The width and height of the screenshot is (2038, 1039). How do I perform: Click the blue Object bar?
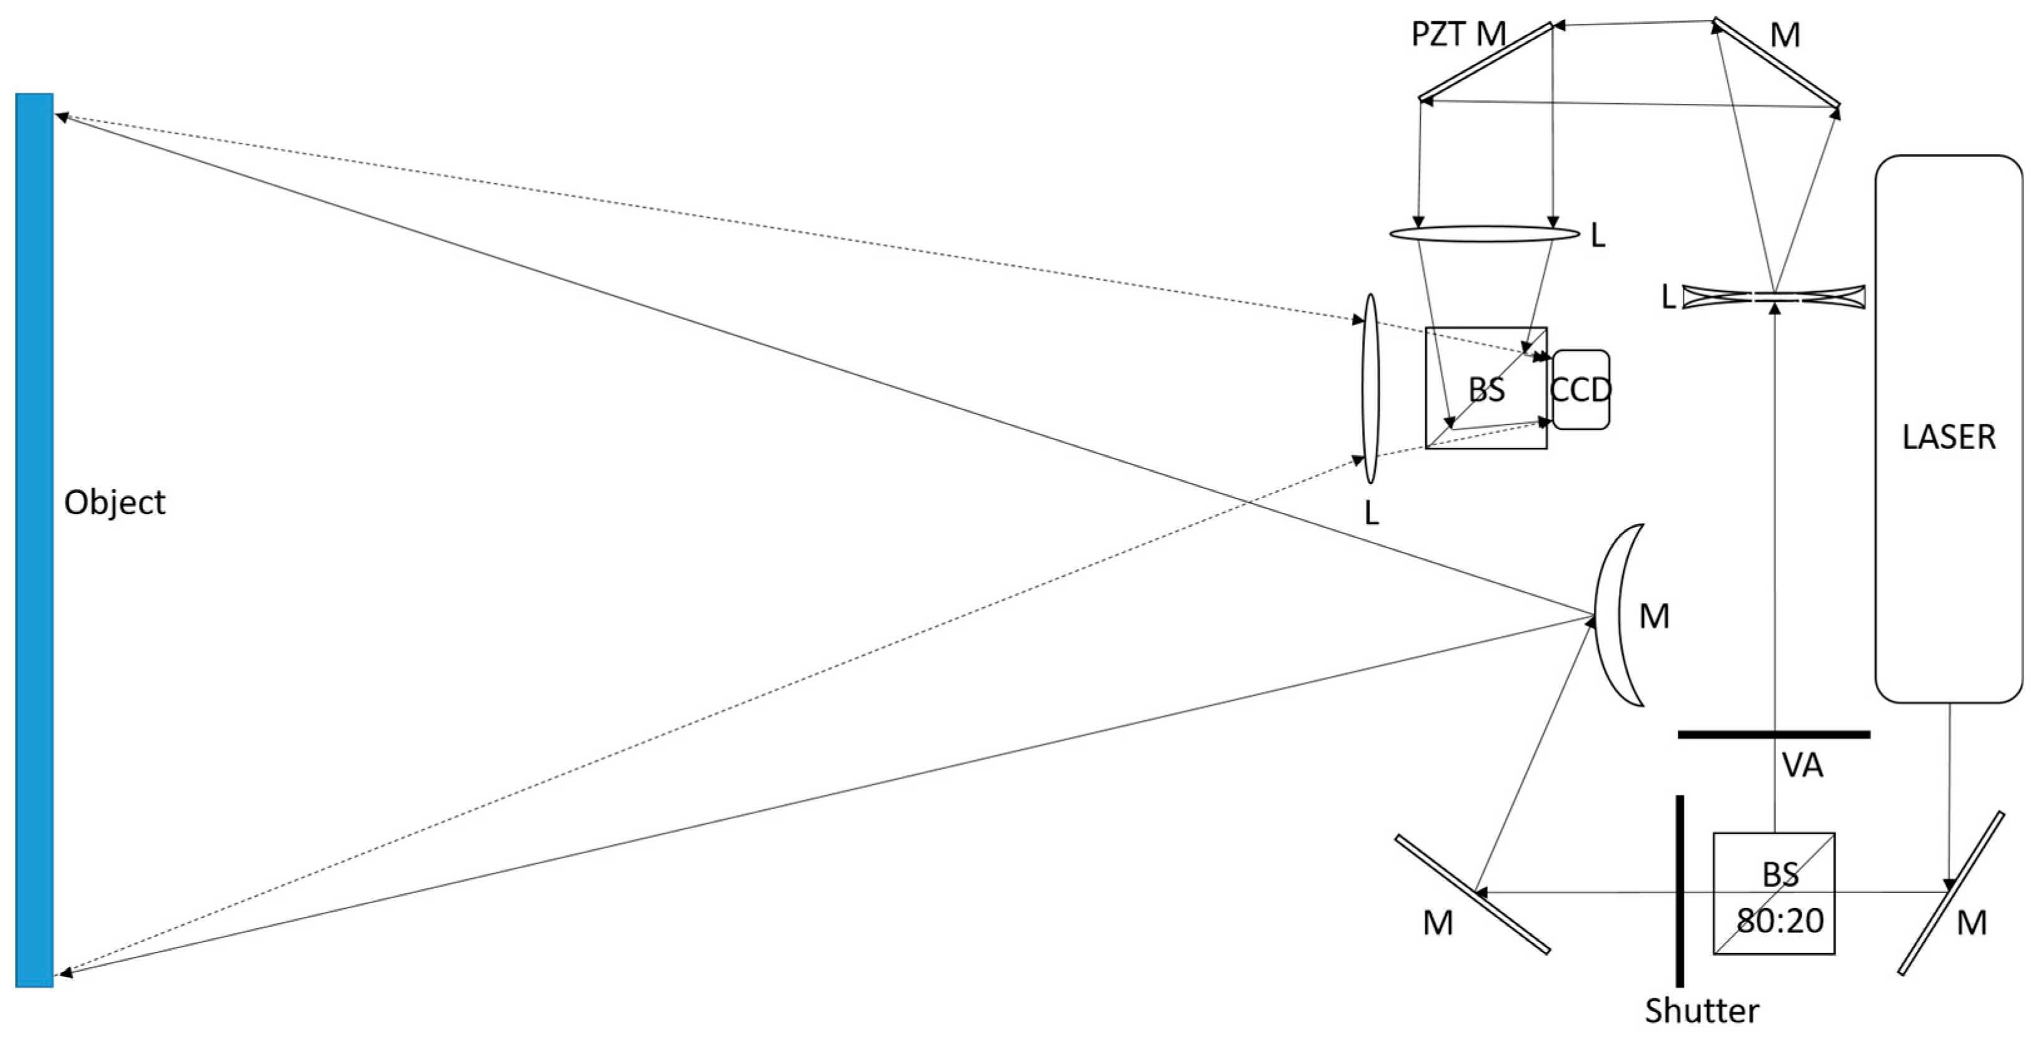pyautogui.click(x=34, y=540)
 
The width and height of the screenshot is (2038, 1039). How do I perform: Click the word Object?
pyautogui.click(x=115, y=503)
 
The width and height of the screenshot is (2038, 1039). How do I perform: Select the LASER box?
pyautogui.click(x=1948, y=428)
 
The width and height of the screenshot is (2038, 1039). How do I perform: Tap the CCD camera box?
pyautogui.click(x=1580, y=390)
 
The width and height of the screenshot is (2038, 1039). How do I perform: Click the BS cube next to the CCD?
pyautogui.click(x=1486, y=388)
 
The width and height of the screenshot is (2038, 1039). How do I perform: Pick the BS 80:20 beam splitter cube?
pyautogui.click(x=1773, y=892)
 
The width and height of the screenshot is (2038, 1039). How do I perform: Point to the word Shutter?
pyautogui.click(x=1702, y=1011)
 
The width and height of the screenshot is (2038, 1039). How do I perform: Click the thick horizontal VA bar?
pyautogui.click(x=1774, y=735)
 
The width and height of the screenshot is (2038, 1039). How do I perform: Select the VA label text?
pyautogui.click(x=1802, y=765)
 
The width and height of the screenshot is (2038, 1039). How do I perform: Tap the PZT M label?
pyautogui.click(x=1458, y=35)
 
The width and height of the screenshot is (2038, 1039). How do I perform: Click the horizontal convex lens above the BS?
pyautogui.click(x=1484, y=234)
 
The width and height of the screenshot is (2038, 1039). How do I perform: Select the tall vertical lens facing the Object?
pyautogui.click(x=1370, y=388)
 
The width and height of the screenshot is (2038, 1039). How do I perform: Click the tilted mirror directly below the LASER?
pyautogui.click(x=1952, y=892)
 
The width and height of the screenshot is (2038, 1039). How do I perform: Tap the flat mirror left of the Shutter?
pyautogui.click(x=1472, y=894)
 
